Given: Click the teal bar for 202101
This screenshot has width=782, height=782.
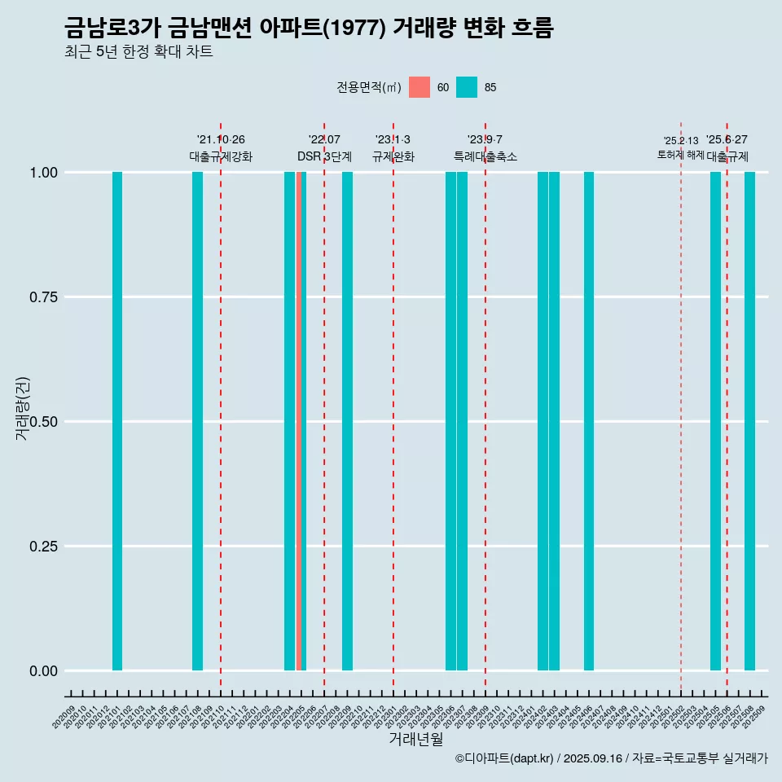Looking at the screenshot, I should (117, 421).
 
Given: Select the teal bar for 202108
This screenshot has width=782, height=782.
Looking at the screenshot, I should (197, 421).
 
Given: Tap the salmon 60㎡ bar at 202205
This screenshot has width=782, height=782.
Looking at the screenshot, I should (299, 421).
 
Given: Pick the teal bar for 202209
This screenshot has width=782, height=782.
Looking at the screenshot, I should (347, 421).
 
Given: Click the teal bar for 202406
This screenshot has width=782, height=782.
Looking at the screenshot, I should (588, 421).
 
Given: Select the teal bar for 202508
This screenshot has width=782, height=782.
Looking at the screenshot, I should (749, 421).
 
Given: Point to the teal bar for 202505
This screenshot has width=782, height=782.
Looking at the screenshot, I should (715, 421).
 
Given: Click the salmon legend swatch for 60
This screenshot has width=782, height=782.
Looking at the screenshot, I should (420, 87).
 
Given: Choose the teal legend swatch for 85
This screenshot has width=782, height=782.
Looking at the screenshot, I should (467, 87).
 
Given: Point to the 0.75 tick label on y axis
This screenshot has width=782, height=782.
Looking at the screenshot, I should (42, 297).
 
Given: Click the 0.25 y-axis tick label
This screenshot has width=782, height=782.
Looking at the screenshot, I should (42, 547).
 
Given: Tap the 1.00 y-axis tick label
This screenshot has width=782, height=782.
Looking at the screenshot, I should (42, 173).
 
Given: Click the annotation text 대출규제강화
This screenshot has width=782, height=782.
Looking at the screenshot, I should (221, 156).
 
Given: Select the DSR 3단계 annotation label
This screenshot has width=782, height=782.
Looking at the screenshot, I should (324, 156).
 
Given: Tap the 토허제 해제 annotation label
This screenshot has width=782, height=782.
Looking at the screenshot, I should (681, 155).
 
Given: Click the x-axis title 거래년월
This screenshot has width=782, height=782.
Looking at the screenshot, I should (415, 740).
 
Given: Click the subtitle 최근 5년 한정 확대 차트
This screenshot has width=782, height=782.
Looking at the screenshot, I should (138, 53).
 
